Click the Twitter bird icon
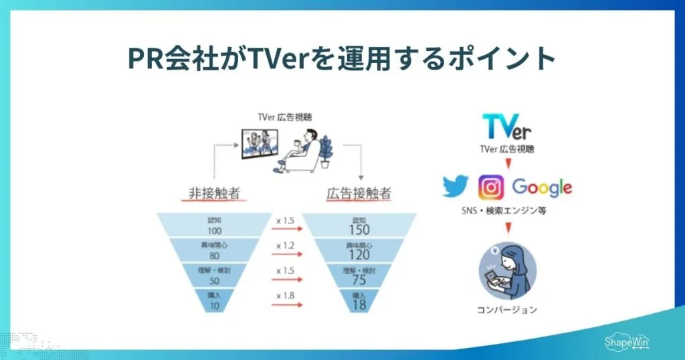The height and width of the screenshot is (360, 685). pos(457,187)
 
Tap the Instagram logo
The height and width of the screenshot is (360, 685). pos(491,187)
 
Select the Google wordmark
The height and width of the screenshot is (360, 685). pos(542,188)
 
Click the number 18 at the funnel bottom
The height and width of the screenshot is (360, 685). pos(359,304)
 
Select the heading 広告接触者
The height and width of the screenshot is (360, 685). pos(359,194)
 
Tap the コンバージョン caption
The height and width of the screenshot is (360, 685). pos(507,310)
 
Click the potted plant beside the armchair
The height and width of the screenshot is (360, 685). pos(326,152)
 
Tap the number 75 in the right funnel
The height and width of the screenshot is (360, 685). pos(359,280)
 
